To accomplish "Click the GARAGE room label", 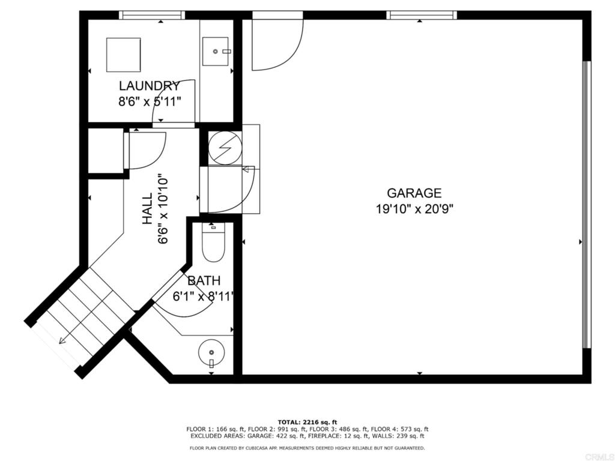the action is (x=414, y=193).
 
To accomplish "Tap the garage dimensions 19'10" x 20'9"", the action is (x=414, y=209).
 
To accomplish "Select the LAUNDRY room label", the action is (x=149, y=85).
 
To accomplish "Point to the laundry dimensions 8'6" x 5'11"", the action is (x=150, y=101).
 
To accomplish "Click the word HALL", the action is (x=147, y=208).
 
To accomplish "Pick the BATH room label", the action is (x=204, y=281).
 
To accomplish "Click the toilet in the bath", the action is (x=213, y=243).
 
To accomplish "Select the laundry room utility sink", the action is (x=216, y=52).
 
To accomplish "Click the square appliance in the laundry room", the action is (x=124, y=55).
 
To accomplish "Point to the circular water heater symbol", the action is (x=225, y=148).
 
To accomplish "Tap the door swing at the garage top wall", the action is (x=277, y=44).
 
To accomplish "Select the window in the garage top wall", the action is (x=422, y=15).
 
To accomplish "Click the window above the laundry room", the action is (x=152, y=15).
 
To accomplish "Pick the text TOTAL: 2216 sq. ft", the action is (x=307, y=422).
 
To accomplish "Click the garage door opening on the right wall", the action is (x=586, y=204).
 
